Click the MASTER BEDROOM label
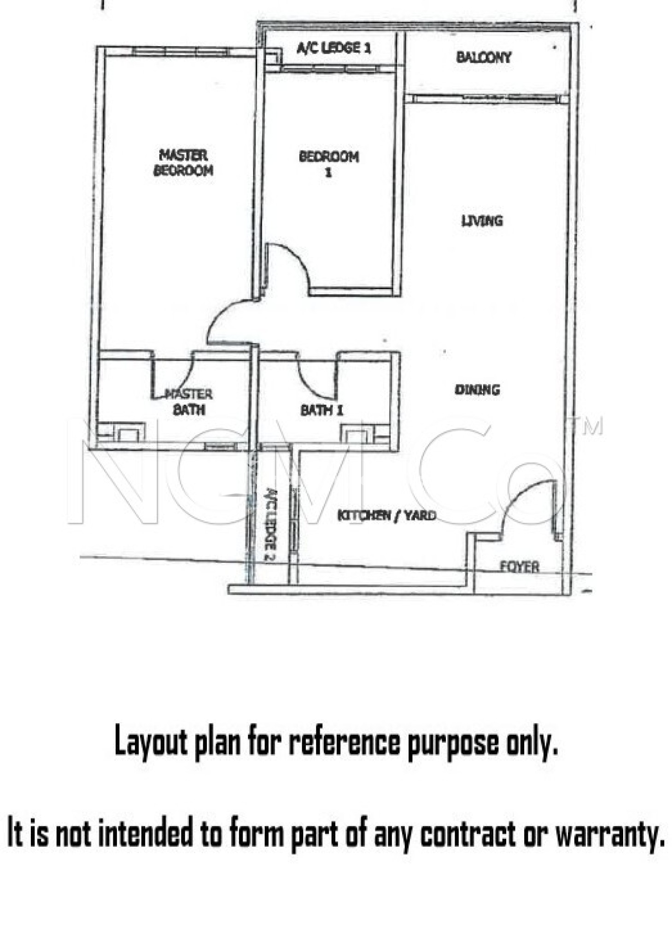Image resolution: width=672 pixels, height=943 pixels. (x=183, y=163)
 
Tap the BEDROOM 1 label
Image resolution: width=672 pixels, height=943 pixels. (x=328, y=163)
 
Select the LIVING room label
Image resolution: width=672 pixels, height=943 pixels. (x=482, y=221)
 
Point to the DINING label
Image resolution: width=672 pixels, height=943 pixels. (x=477, y=390)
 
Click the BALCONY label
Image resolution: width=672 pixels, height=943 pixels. (x=484, y=57)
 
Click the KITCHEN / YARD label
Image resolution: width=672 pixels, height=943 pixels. (x=386, y=515)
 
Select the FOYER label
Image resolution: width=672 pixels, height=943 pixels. (x=520, y=566)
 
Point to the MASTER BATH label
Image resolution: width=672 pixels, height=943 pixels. (x=188, y=402)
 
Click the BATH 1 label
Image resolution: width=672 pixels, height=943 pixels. (x=321, y=410)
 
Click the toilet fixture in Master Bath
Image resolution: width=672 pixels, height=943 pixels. (x=128, y=434)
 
